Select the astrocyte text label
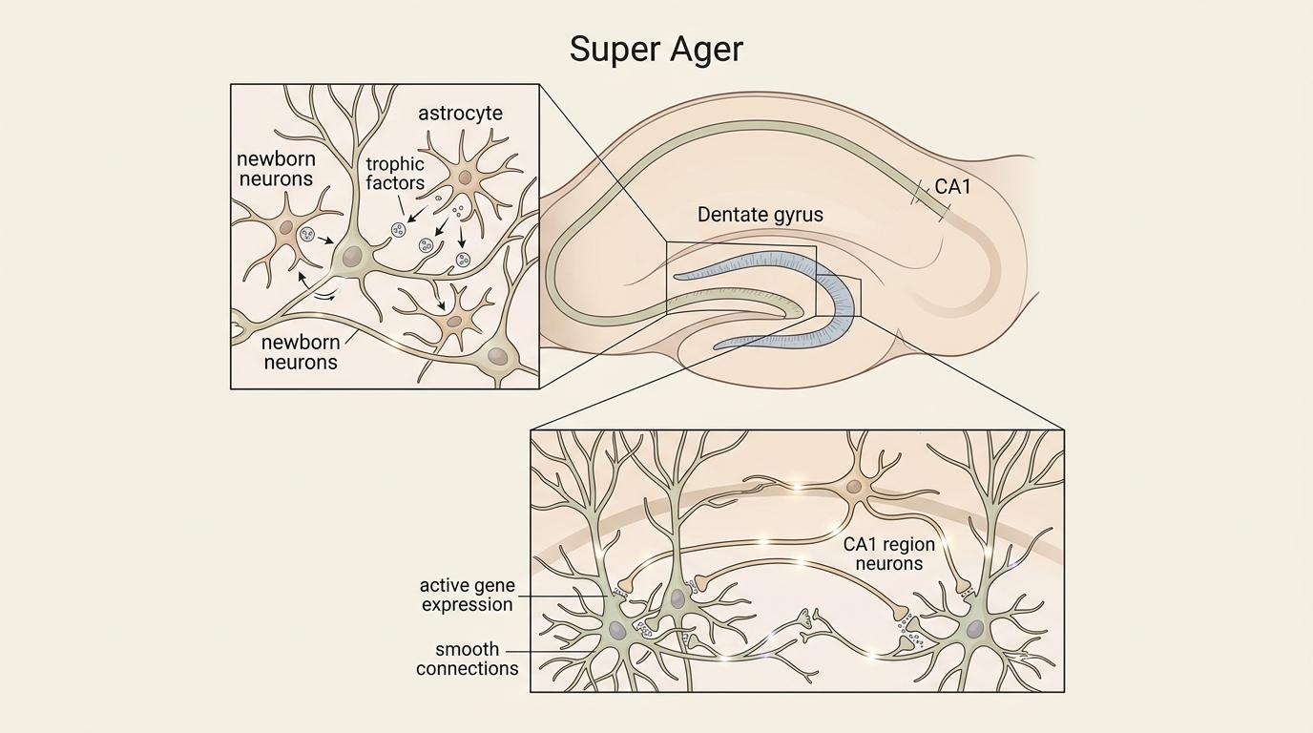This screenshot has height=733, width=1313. [x=460, y=114]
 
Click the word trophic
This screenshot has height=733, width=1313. [x=395, y=164]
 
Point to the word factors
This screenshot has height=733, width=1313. [x=395, y=182]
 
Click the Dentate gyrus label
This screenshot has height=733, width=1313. [x=760, y=215]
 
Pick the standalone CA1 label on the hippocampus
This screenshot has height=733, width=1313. [x=951, y=187]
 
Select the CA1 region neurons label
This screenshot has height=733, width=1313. [x=889, y=554]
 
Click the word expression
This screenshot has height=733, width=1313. [x=467, y=604]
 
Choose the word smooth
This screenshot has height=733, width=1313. [x=468, y=650]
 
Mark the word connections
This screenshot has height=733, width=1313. [x=467, y=669]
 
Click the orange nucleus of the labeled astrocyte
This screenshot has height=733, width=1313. [x=465, y=178]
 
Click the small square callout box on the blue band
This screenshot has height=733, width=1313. [x=839, y=296]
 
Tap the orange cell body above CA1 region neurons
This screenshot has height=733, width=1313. [x=854, y=487]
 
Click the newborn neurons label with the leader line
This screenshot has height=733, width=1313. [x=301, y=352]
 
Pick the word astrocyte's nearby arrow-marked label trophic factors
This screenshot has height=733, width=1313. [x=395, y=173]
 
